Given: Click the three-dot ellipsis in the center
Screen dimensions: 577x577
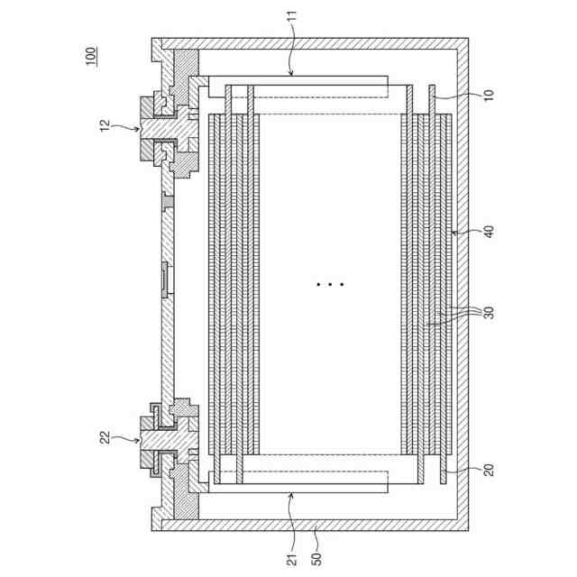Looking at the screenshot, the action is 330,284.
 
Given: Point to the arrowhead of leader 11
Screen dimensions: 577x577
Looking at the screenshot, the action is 290,73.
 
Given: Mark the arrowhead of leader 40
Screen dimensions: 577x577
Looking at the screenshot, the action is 453,233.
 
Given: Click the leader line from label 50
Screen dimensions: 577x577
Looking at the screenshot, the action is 316,536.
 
